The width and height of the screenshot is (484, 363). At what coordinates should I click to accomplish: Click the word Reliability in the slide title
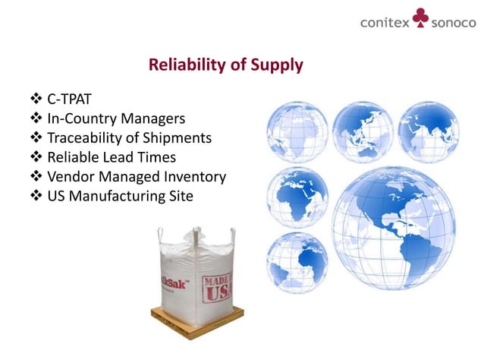coord(185,65)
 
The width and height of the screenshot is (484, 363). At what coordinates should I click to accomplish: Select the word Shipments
coord(177,138)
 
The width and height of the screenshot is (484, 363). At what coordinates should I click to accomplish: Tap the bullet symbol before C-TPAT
coord(36,99)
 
